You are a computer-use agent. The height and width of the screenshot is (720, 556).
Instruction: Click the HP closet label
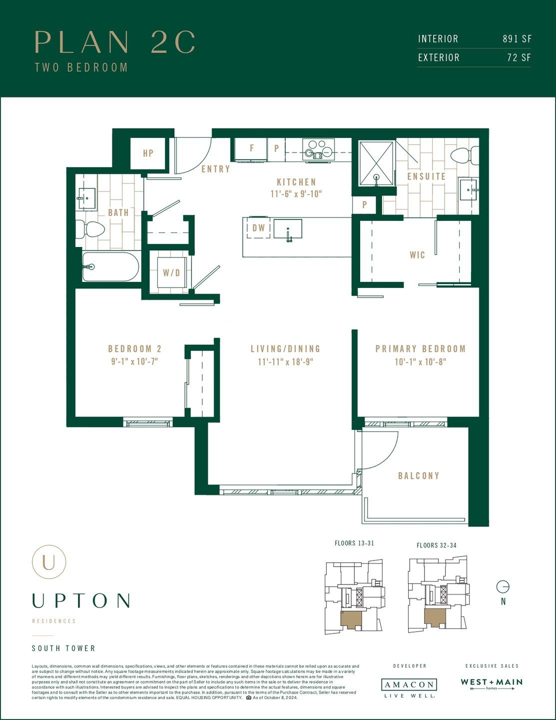tap(148, 153)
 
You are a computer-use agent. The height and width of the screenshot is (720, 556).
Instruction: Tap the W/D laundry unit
tap(171, 273)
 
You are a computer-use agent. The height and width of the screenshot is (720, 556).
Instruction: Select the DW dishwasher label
tap(258, 228)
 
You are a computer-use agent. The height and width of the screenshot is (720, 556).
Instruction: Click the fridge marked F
tap(251, 149)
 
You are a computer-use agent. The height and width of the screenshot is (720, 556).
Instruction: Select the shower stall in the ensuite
tap(377, 163)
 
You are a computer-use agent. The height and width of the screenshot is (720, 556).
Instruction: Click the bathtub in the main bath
tap(111, 266)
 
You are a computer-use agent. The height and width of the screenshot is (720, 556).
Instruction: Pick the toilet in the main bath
tap(91, 229)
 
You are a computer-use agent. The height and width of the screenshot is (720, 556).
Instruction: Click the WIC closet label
tap(417, 255)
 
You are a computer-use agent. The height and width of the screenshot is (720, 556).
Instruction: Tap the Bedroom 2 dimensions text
tap(134, 361)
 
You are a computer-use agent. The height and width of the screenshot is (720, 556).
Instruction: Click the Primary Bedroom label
tap(420, 349)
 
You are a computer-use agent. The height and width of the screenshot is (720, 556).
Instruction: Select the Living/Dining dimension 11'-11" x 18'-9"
tap(285, 361)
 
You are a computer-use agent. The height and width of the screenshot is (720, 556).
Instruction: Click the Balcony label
tap(419, 475)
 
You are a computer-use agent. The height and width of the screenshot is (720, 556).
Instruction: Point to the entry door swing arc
tap(195, 157)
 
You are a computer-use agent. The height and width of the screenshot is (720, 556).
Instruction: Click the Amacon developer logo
tap(409, 685)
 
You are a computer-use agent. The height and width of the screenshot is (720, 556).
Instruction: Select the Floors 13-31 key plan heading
tap(354, 543)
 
